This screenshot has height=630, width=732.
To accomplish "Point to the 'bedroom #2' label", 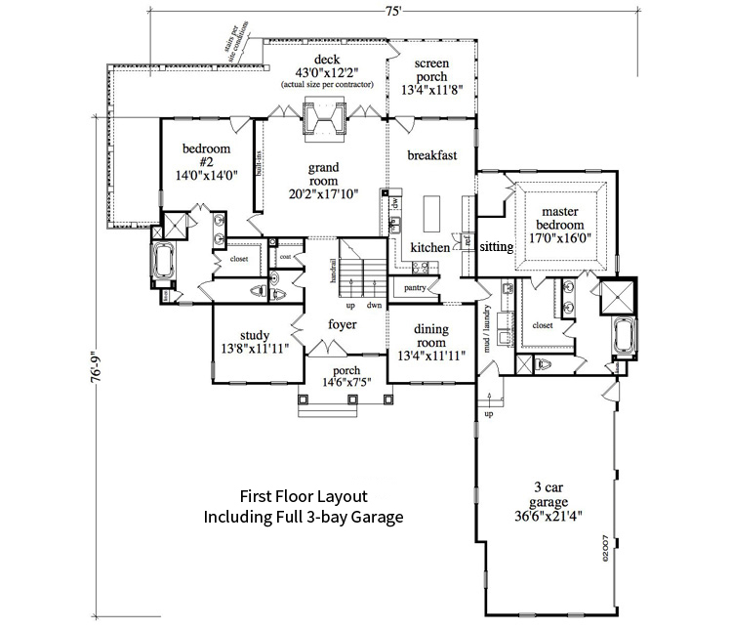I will [x=206, y=155].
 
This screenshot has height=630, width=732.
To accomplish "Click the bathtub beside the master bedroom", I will [x=621, y=340].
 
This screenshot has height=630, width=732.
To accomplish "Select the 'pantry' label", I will [x=414, y=289].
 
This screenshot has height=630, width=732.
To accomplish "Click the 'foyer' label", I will [x=343, y=324].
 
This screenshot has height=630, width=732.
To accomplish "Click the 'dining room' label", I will [x=430, y=336].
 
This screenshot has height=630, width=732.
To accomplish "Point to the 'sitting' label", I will [x=497, y=247].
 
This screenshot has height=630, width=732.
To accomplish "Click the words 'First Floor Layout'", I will [x=304, y=495].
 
